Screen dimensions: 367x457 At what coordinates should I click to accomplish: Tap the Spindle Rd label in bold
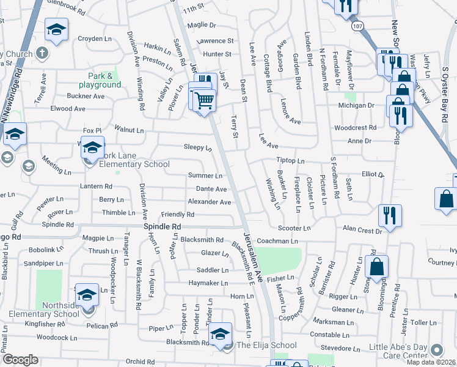click(x=163, y=226)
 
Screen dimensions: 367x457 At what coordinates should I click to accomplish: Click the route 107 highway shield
click(x=358, y=26)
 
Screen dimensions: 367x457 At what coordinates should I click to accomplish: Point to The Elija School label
click(x=266, y=346)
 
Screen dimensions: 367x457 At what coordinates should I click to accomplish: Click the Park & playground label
click(x=100, y=80)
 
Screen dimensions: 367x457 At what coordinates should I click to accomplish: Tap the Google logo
click(x=21, y=360)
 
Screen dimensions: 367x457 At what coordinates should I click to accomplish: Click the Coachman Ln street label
click(x=281, y=241)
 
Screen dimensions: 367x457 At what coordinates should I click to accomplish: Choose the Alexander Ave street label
click(x=209, y=202)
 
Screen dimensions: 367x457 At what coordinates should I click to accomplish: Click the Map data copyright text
click(x=431, y=361)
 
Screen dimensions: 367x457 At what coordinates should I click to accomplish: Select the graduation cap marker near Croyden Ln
click(x=57, y=29)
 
